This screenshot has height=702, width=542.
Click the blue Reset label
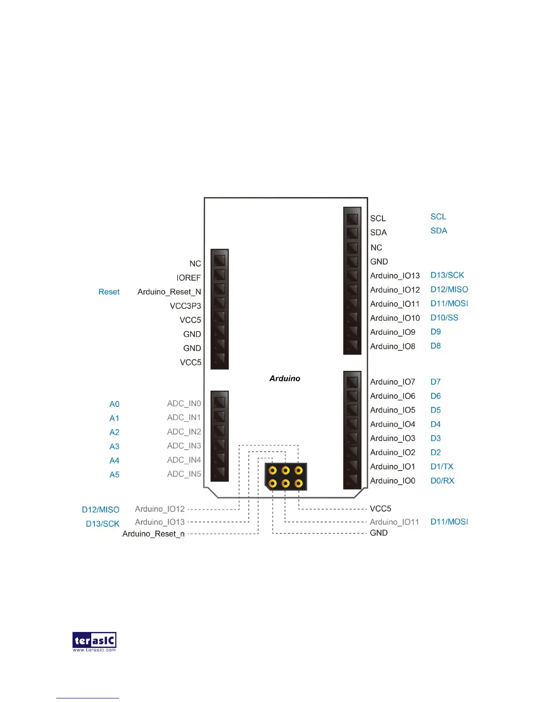point(109,292)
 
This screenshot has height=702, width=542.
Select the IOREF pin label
point(189,278)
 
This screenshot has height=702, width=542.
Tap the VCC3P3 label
point(185,306)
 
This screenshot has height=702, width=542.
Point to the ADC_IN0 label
point(184,403)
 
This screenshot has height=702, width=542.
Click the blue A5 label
point(114,475)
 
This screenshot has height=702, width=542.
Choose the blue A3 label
point(114,446)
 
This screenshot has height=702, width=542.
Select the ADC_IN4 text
point(184,460)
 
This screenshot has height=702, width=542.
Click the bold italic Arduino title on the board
point(285,378)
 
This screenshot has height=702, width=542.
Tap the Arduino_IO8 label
point(393,346)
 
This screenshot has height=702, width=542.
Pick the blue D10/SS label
point(444,318)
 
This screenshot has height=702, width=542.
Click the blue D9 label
point(435,332)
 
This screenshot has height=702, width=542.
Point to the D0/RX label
point(442,481)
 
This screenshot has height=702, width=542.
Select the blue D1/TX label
point(441,467)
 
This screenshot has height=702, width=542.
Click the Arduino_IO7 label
point(393,382)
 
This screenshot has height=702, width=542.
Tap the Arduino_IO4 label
point(393,424)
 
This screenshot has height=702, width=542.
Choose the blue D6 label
point(435,396)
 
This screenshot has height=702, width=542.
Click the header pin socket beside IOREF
point(220,274)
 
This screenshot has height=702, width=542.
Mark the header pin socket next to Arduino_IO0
point(352,480)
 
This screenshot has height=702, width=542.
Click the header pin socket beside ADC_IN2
point(220,430)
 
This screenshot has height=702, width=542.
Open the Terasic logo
point(94,641)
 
